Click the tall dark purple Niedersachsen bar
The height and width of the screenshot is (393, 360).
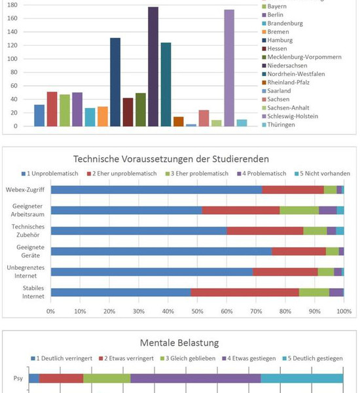point(153,66)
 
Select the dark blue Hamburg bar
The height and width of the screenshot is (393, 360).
point(115,82)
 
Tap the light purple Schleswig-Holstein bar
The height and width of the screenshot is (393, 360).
point(229,68)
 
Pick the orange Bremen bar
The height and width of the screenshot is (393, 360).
point(103,117)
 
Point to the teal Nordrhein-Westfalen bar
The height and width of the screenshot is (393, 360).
point(166,84)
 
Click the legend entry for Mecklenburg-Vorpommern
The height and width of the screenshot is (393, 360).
point(302,57)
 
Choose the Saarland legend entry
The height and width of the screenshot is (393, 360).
point(276,91)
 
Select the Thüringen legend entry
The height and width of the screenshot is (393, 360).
point(278,124)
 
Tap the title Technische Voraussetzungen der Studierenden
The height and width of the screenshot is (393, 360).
point(171,159)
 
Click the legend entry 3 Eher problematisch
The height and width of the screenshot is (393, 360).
point(197,174)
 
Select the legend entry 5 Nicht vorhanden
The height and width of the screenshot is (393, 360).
point(322,174)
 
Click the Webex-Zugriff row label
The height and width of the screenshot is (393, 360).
point(25,190)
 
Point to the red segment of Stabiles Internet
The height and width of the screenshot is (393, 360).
point(245,293)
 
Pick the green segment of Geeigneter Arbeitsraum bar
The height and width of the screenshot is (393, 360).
point(299,210)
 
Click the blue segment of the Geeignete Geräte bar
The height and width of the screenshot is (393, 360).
point(161,252)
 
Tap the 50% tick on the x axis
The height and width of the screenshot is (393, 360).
point(197,311)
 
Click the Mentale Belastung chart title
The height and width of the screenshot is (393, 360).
point(179,343)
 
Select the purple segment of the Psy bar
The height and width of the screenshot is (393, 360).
point(196,379)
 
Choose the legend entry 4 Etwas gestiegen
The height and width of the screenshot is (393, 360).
point(249,358)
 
